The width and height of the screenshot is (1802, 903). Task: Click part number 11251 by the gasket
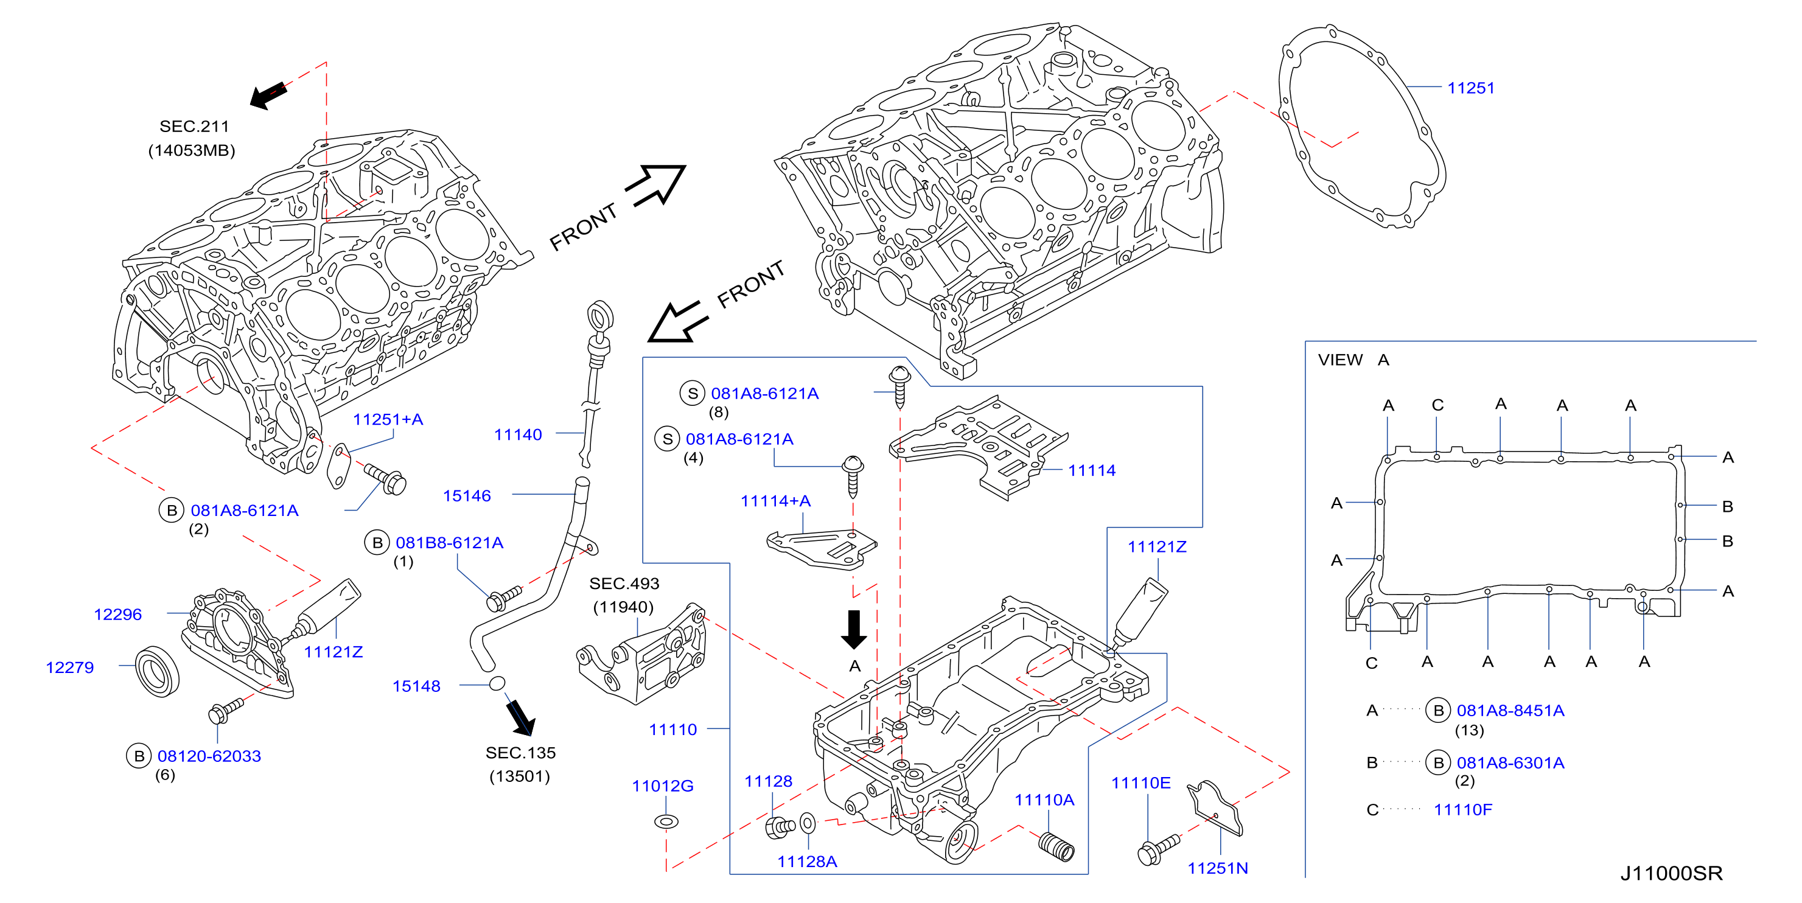[x=1470, y=88]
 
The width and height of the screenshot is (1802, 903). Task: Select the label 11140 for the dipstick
[x=518, y=434]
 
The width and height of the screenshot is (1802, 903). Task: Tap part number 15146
[x=467, y=496]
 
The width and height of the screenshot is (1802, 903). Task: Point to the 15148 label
[x=416, y=686]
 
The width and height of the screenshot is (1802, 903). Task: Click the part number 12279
[x=69, y=668]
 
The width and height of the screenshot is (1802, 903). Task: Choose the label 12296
[x=117, y=614]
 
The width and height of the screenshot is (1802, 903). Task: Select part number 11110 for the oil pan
[x=672, y=730]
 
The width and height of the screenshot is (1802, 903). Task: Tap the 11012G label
[x=663, y=786]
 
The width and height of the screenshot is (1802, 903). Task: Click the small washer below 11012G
[x=666, y=821]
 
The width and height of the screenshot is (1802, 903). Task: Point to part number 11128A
[x=807, y=862]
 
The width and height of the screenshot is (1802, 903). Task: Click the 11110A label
[x=1044, y=800]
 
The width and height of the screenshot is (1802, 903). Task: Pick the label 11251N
[x=1217, y=869]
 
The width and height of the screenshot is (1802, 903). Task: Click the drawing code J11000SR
[x=1671, y=874]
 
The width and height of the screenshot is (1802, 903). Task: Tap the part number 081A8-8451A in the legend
[x=1510, y=711]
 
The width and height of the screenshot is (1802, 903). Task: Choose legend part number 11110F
[x=1463, y=810]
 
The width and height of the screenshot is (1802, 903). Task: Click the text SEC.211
[x=194, y=127]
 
